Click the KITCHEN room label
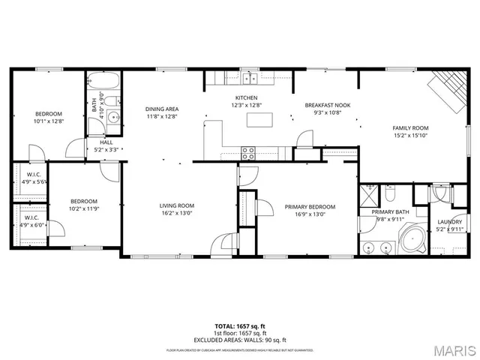pyautogui.click(x=247, y=98)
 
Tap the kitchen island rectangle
pyautogui.click(x=282, y=118)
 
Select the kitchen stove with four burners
pyautogui.click(x=247, y=152)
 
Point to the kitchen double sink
pyautogui.click(x=249, y=78)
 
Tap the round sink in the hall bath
pyautogui.click(x=113, y=117)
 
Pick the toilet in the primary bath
pyautogui.click(x=390, y=195)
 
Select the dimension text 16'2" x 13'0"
pyautogui.click(x=176, y=214)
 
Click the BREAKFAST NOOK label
pyautogui.click(x=323, y=105)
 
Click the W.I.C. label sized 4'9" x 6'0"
pyautogui.click(x=31, y=220)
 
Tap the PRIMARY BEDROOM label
pyautogui.click(x=309, y=207)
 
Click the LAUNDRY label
pyautogui.click(x=450, y=223)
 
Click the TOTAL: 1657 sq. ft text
pyautogui.click(x=239, y=326)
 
